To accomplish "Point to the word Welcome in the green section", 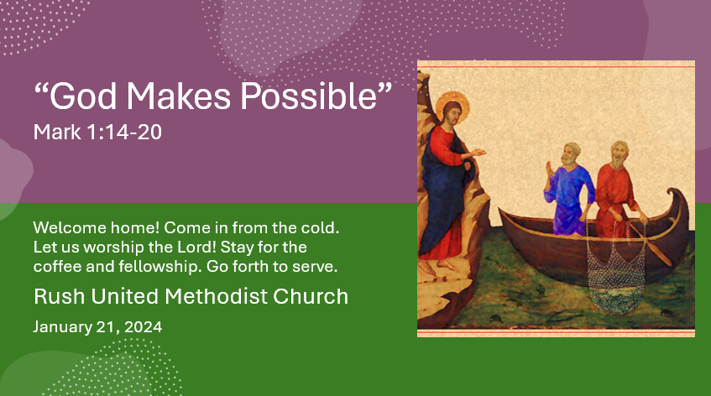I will point(65,228).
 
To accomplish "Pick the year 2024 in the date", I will point(143,326).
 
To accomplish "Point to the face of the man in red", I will point(618,154).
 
